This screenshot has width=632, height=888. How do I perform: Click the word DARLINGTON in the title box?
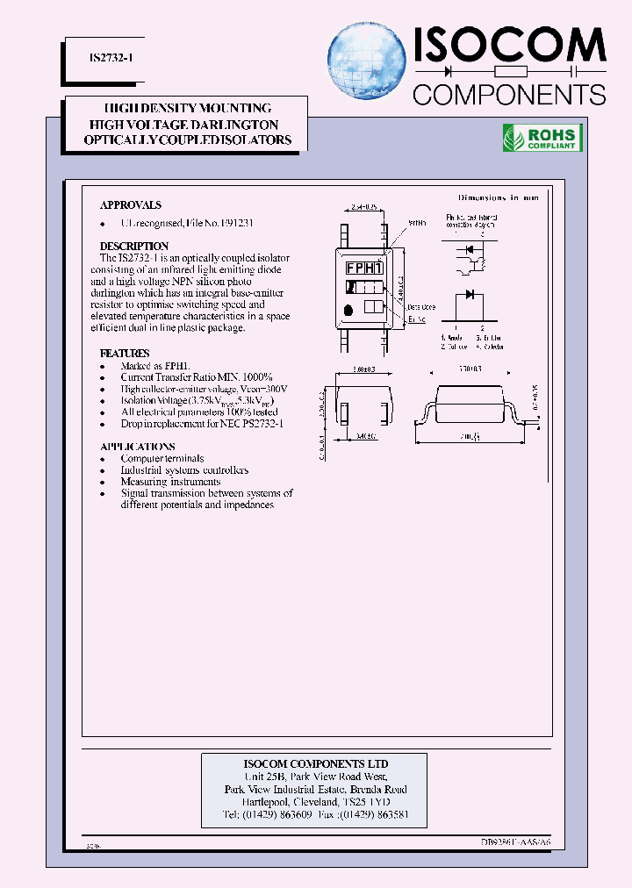pyautogui.click(x=236, y=125)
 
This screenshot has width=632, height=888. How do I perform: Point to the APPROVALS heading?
pyautogui.click(x=131, y=204)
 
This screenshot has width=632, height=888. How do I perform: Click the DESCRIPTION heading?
pyautogui.click(x=134, y=246)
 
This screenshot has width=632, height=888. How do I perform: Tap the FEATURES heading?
pyautogui.click(x=125, y=353)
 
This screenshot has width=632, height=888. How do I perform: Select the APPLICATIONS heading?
pyautogui.click(x=138, y=447)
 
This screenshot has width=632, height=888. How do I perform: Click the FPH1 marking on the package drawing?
pyautogui.click(x=363, y=268)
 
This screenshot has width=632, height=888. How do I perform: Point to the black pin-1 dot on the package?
pyautogui.click(x=350, y=309)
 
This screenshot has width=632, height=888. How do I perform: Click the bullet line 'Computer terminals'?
pyautogui.click(x=162, y=459)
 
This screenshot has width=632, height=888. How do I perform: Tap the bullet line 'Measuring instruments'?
pyautogui.click(x=171, y=482)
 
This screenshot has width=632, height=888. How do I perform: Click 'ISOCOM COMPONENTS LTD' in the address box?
pyautogui.click(x=315, y=763)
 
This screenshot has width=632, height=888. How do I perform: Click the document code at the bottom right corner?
pyautogui.click(x=516, y=842)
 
